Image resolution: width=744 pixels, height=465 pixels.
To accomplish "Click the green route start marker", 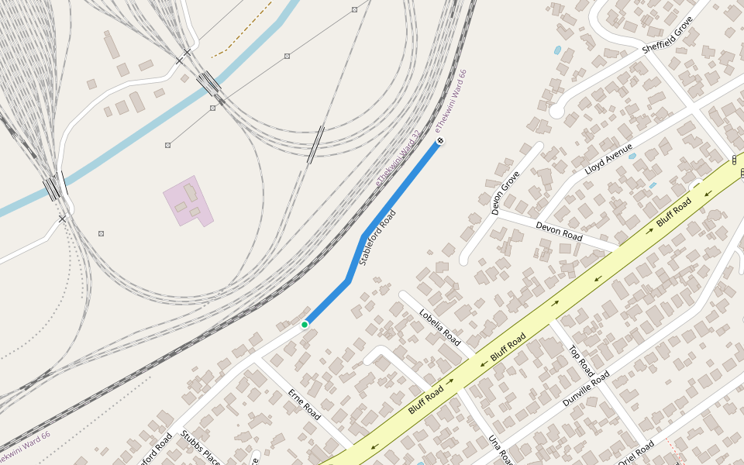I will tap(305, 324).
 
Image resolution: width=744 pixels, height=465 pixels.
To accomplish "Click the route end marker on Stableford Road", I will tap(439, 141).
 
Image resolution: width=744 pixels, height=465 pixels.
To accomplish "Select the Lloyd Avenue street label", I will tap(608, 157).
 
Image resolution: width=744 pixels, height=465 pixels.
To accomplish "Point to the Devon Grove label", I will tap(505, 193).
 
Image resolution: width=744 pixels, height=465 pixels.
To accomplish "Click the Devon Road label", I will tap(559, 231).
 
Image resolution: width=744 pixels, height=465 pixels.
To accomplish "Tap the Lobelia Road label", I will tap(439, 328).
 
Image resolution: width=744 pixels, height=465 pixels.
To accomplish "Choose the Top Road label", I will tap(582, 361).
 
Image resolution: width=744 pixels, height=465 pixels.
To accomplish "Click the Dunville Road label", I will tap(586, 388).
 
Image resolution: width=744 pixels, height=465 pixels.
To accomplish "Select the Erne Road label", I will tap(304, 405).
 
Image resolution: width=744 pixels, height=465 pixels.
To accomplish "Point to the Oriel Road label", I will tap(636, 453).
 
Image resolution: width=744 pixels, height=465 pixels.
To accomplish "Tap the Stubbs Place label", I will tap(201, 448).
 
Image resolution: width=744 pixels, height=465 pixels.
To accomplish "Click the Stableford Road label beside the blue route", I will tap(377, 238).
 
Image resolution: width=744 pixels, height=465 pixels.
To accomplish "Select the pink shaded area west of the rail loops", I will tap(186, 200).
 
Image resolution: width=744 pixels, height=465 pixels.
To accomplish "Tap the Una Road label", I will tap(497, 449).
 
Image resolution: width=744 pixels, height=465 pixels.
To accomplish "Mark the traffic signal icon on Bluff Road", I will tap(734, 160).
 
